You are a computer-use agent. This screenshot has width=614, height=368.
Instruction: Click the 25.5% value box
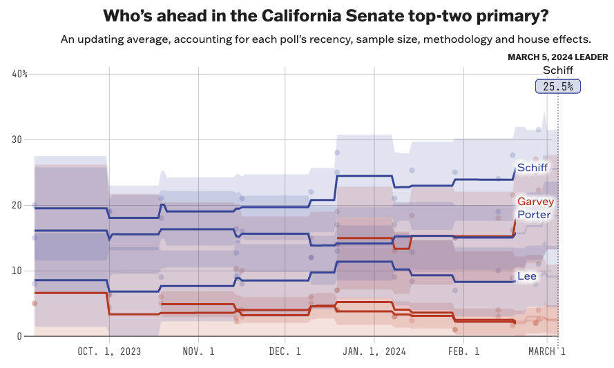point(558,86)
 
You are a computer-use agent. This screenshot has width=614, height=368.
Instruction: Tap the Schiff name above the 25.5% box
point(558,70)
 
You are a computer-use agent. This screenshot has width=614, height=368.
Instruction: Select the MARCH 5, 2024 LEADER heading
point(558,57)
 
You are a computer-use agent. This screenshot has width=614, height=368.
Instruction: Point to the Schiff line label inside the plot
point(533,168)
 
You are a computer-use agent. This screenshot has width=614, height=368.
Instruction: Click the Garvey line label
point(535,202)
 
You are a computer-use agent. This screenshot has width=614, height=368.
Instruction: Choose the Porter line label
point(535,215)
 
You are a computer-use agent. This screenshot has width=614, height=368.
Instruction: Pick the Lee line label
point(527,276)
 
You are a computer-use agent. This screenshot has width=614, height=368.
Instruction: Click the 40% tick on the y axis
point(19,74)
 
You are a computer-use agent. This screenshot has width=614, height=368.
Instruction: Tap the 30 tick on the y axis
point(16,139)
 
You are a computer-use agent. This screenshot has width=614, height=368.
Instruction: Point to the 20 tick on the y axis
point(16,205)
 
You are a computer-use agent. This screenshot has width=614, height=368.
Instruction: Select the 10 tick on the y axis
point(16,271)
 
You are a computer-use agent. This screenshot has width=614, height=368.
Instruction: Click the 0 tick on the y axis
point(19,336)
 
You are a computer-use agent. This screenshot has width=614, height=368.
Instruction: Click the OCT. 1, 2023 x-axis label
point(109,351)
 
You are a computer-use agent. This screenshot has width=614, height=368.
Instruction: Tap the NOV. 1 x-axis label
point(198,351)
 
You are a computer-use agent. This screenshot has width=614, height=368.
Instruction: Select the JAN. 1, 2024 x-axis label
point(374,351)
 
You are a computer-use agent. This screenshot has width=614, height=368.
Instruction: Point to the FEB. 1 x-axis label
point(463,351)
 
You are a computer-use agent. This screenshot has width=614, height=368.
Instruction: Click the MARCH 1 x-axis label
point(547,351)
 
